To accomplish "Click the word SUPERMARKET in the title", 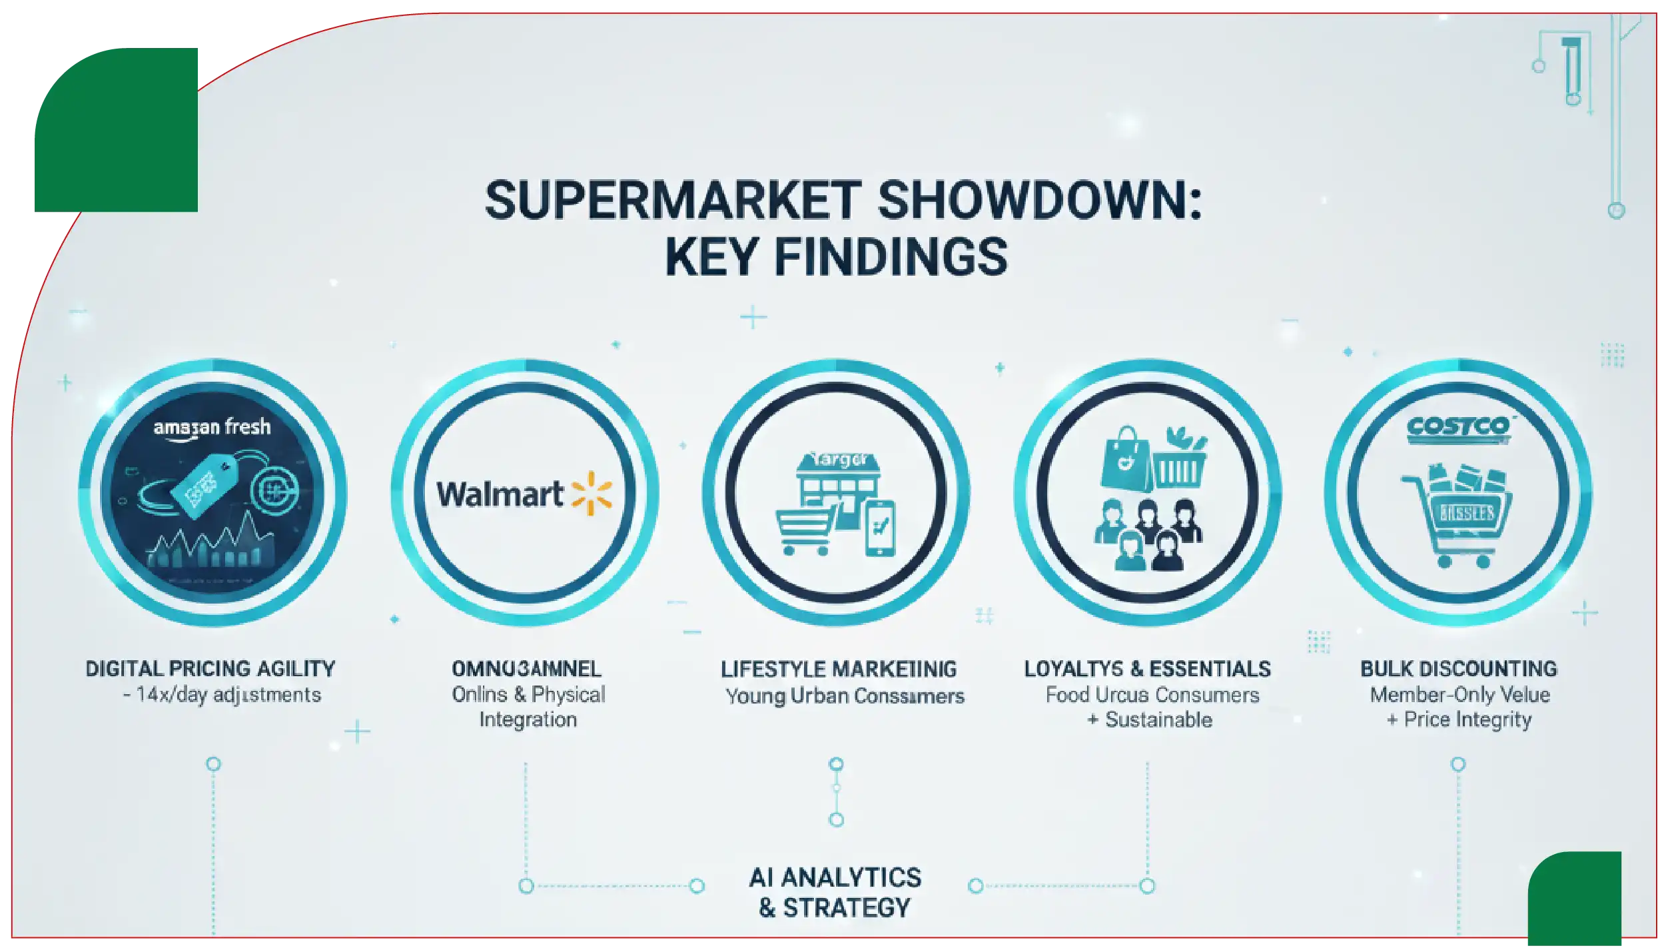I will [673, 200].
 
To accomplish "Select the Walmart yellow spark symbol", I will [592, 494].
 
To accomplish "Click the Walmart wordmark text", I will [500, 494].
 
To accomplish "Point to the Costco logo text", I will [1458, 427].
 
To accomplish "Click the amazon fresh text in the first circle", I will [212, 427].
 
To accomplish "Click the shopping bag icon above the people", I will [1124, 459].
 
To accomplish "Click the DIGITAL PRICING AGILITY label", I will [210, 669].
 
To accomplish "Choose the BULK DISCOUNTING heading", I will [1458, 669].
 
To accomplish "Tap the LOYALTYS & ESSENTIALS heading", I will [1147, 669].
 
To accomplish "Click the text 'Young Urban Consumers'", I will [845, 696].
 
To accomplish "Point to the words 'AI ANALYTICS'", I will [835, 877].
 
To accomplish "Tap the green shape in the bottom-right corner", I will [1575, 899].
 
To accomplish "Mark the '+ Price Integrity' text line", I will [1459, 719].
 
